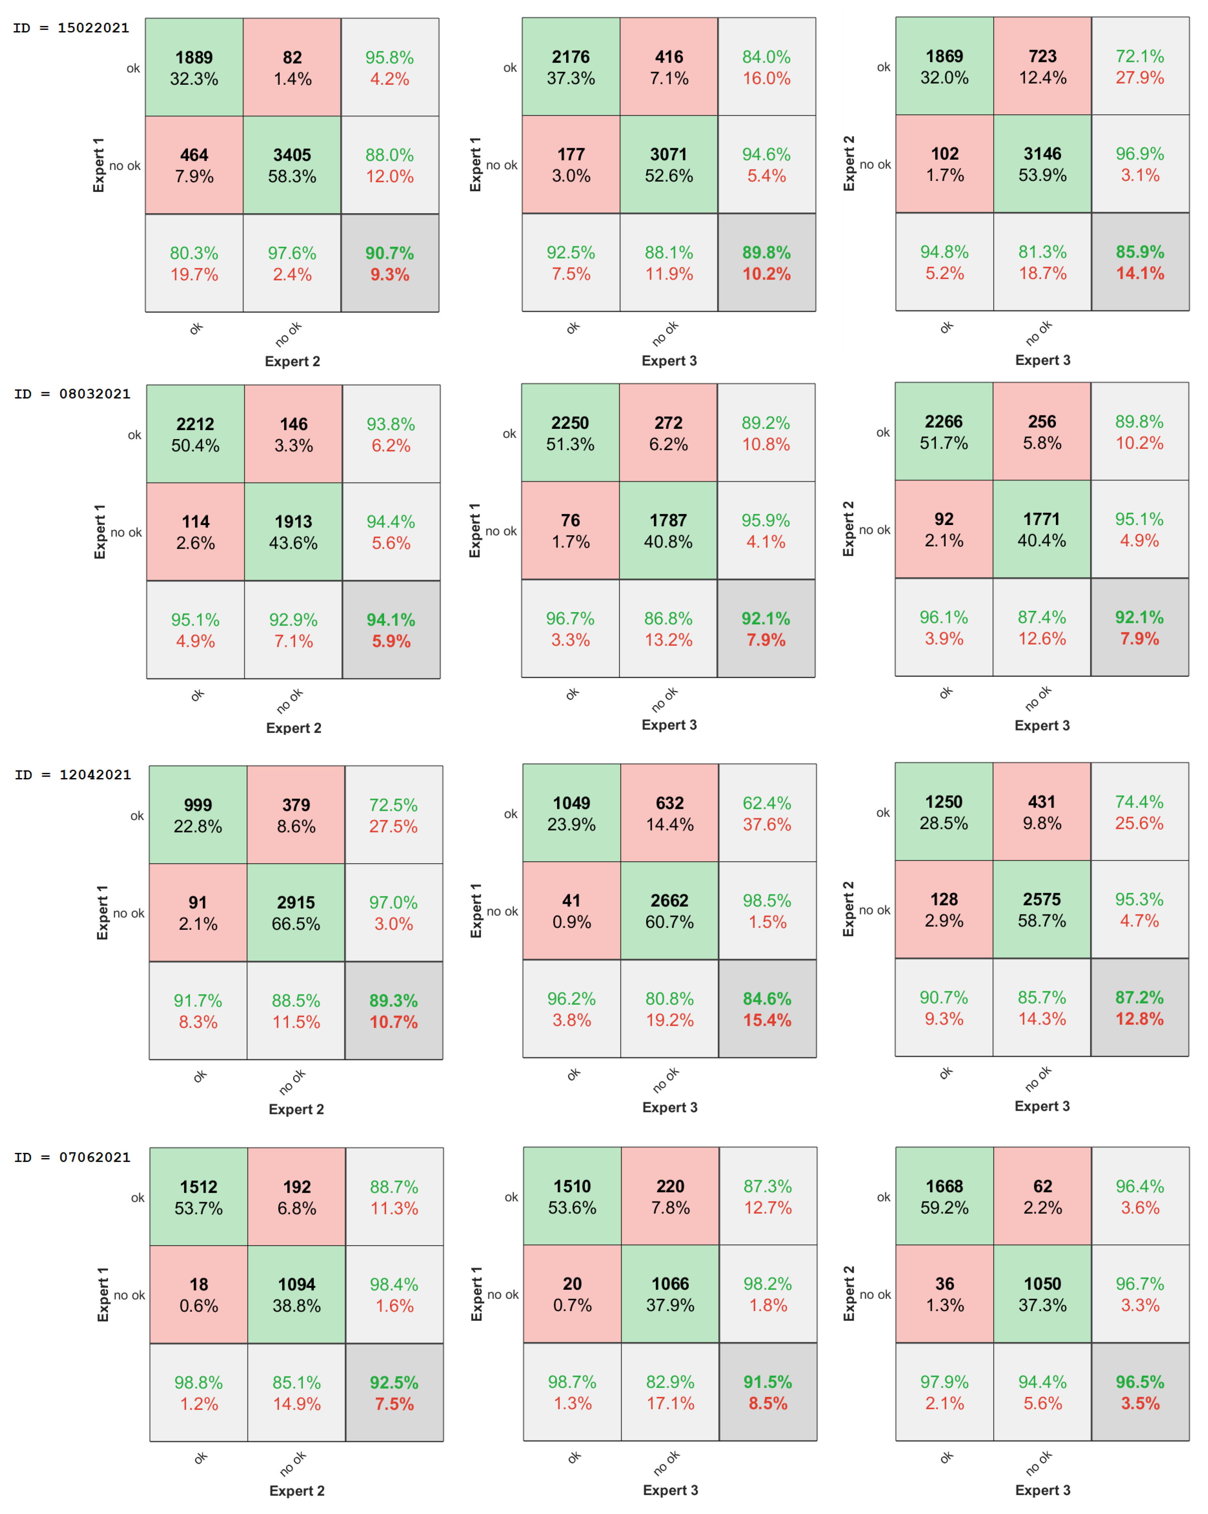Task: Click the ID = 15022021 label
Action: tap(71, 28)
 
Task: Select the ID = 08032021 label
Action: tap(72, 394)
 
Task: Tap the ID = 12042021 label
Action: tap(73, 775)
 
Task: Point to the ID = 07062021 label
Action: tap(72, 1157)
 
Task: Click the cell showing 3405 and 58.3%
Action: tap(292, 165)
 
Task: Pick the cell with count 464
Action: tap(194, 165)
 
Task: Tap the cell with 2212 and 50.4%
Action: tap(195, 434)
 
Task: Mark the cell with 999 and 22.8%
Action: tap(198, 815)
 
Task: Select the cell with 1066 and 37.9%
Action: tap(670, 1294)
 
